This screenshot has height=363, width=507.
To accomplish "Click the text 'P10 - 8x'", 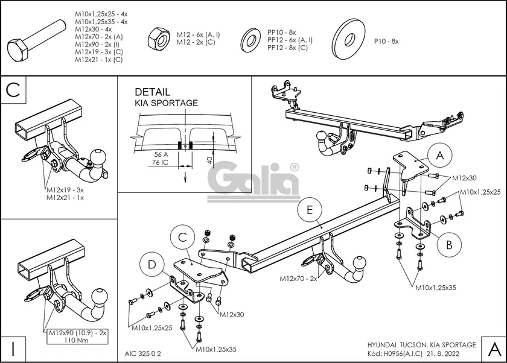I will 386,41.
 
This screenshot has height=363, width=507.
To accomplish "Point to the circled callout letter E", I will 310,210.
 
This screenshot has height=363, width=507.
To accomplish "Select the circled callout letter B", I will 449,245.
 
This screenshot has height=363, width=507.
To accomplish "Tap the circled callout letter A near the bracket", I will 440,156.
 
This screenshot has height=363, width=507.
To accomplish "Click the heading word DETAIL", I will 152,92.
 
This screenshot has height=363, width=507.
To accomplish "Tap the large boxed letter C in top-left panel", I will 14,90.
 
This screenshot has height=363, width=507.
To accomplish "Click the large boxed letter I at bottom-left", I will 14,349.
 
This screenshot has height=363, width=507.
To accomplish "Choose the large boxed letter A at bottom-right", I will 493,349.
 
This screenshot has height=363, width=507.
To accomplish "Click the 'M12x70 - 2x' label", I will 298,279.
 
